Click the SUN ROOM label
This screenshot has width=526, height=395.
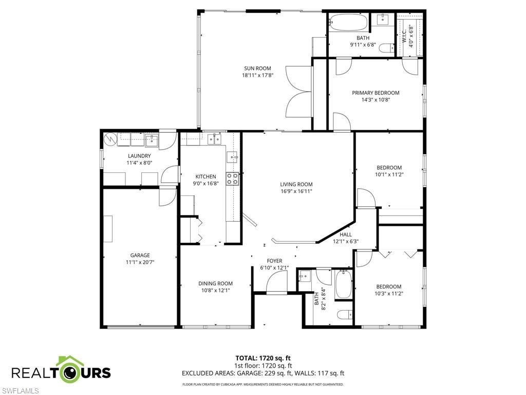coord(257,68)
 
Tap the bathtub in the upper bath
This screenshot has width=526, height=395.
coord(349,23)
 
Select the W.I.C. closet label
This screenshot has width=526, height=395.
coord(404,37)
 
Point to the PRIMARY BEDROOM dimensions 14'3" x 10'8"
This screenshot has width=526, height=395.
coord(375,100)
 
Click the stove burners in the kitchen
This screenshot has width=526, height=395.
coord(233,178)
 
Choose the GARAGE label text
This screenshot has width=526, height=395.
coord(140,255)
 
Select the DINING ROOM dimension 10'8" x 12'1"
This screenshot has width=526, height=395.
coord(215,290)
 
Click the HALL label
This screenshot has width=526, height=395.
coord(346,235)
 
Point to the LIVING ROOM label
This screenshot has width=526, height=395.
coord(296,184)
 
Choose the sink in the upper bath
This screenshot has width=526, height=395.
coord(383,20)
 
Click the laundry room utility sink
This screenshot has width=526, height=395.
coord(152,139)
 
